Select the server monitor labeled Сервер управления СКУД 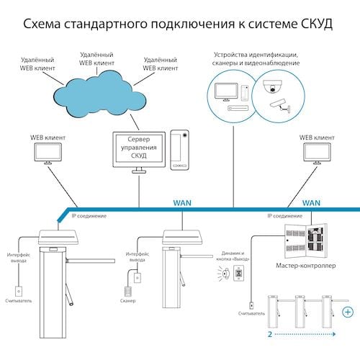[x=138, y=149]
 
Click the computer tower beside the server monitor [x=179, y=149]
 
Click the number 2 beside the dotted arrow [x=269, y=335]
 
